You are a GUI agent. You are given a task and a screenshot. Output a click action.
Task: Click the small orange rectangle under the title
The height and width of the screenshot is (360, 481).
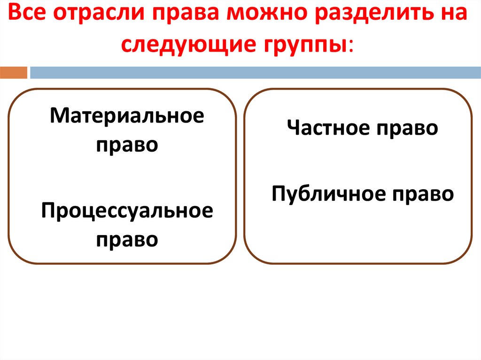tap(14, 73)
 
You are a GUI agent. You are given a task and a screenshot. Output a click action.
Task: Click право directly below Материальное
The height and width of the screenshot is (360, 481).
tap(127, 145)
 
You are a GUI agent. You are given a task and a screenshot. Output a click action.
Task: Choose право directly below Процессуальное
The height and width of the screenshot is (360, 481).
tap(127, 240)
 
